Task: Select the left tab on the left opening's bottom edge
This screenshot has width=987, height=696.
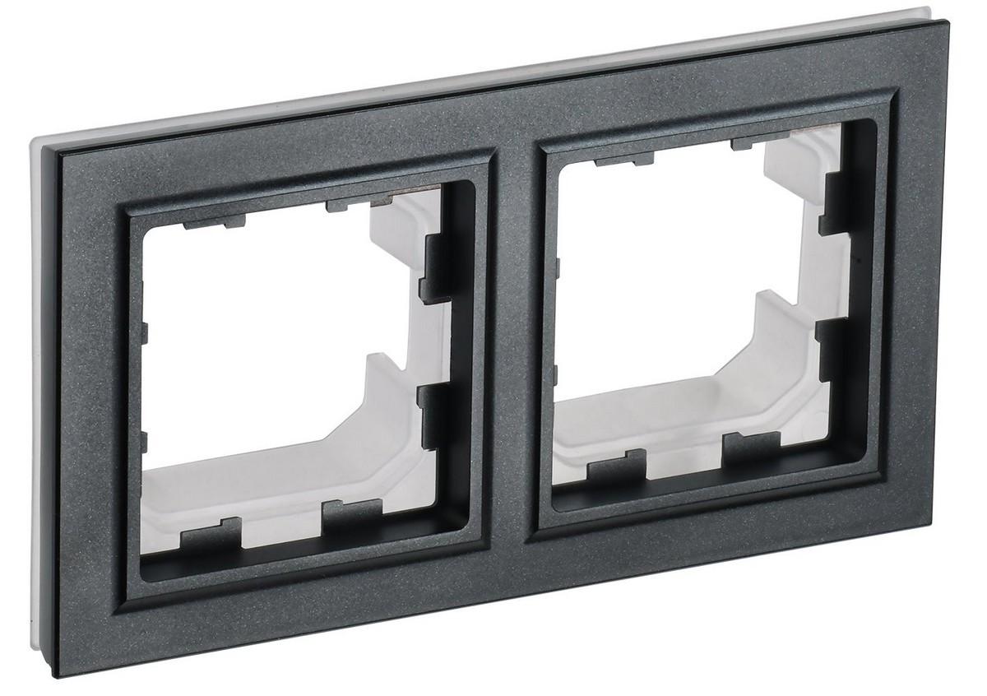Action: (211, 536)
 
